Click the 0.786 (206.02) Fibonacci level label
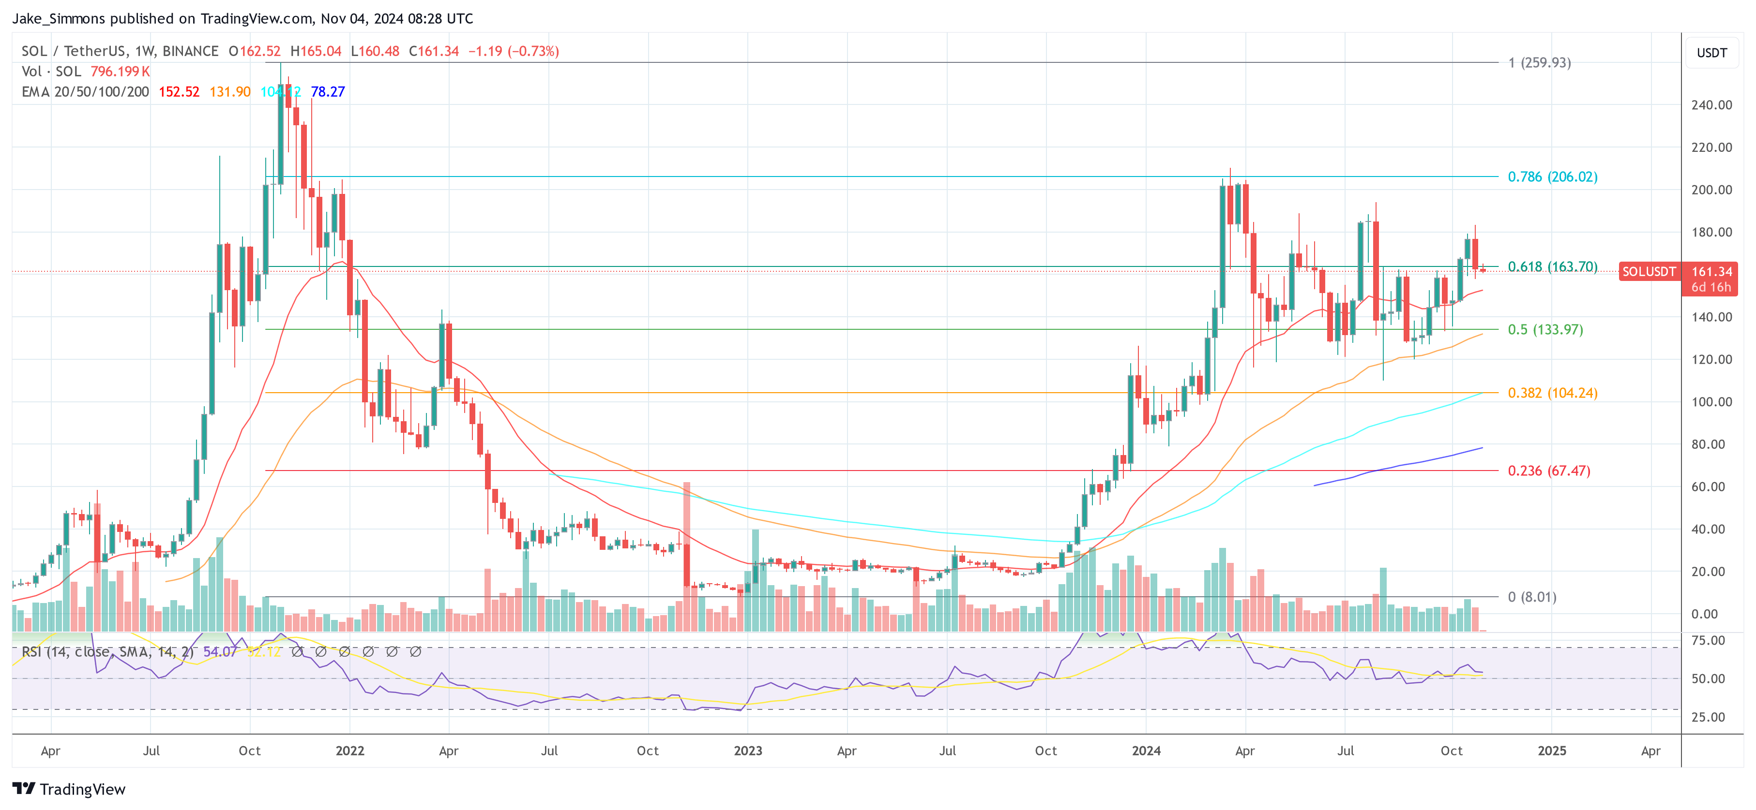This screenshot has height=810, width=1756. point(1552,177)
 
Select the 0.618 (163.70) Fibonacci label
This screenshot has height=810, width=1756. point(1552,266)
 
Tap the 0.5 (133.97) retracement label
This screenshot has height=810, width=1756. point(1544,330)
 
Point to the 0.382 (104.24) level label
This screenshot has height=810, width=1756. point(1552,393)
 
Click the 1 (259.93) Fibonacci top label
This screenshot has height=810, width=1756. point(1539,63)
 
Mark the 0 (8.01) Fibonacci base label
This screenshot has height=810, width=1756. point(1532,597)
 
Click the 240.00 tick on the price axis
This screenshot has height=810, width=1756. point(1711,105)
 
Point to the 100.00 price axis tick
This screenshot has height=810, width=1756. point(1711,402)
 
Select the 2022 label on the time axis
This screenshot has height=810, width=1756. point(350,751)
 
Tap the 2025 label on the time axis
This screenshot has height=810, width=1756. point(1551,751)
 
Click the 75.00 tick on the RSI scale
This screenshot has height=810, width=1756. point(1708,640)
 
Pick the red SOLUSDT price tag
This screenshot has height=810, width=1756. point(1648,272)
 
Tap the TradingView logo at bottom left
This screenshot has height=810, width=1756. point(69,789)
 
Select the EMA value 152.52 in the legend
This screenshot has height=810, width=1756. point(179,92)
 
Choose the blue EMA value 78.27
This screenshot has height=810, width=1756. point(327,92)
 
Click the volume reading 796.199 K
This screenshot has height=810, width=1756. point(120,72)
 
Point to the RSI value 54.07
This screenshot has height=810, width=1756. point(220,652)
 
